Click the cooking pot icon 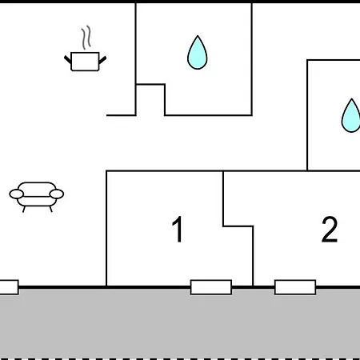click(x=85, y=62)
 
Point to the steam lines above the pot click(x=86, y=38)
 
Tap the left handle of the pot click(x=68, y=59)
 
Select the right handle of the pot click(x=102, y=60)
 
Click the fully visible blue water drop click(x=198, y=53)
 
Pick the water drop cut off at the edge click(x=351, y=116)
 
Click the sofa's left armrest click(x=17, y=194)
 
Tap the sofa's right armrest click(x=57, y=194)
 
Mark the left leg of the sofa click(x=24, y=209)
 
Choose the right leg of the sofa click(x=50, y=209)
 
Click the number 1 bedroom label click(x=178, y=229)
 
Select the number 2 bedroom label click(x=330, y=229)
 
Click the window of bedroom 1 click(x=211, y=287)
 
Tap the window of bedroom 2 click(x=295, y=287)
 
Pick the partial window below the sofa click(x=9, y=287)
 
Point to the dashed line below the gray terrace click(x=180, y=359)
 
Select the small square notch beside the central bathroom click(x=150, y=100)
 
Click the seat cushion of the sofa click(x=37, y=202)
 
